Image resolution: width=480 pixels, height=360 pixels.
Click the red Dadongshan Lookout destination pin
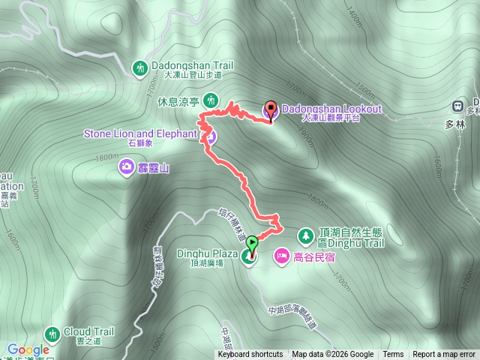tap(271, 110)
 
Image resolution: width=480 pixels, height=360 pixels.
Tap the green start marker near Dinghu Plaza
tap(252, 243)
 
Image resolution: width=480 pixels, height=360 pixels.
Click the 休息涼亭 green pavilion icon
tap(211, 100)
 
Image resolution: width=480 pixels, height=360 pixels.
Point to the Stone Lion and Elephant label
tap(139, 134)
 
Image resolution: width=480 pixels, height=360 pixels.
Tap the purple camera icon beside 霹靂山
tap(127, 166)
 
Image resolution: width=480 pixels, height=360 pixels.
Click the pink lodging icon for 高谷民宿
tap(282, 256)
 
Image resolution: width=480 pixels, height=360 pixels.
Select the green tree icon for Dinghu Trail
tap(306, 236)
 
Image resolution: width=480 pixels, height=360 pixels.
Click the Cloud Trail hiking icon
tap(52, 332)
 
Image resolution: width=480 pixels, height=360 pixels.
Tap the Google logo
tap(28, 349)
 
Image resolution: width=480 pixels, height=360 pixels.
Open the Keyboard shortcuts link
tap(250, 355)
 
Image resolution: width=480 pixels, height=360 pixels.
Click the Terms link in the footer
tap(393, 355)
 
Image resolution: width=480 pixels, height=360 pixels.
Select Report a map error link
tap(444, 355)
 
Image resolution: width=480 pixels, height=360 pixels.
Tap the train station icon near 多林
tap(457, 106)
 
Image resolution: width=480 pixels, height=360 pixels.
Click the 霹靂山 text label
tap(153, 168)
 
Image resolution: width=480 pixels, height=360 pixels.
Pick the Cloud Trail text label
tap(88, 331)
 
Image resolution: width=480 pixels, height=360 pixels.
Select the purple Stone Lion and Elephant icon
tap(211, 136)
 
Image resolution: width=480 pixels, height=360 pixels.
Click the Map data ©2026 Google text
tap(332, 355)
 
